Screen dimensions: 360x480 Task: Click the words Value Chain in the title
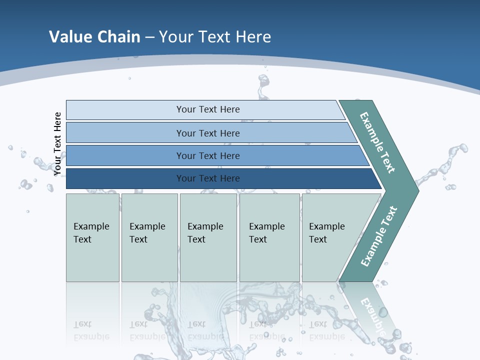point(94,36)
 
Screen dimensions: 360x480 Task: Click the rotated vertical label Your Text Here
point(57,144)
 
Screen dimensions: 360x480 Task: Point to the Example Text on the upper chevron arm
point(377,143)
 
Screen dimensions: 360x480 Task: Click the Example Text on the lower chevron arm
point(378,236)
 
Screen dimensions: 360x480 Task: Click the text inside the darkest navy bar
point(208,178)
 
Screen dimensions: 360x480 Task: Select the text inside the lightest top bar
point(208,109)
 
